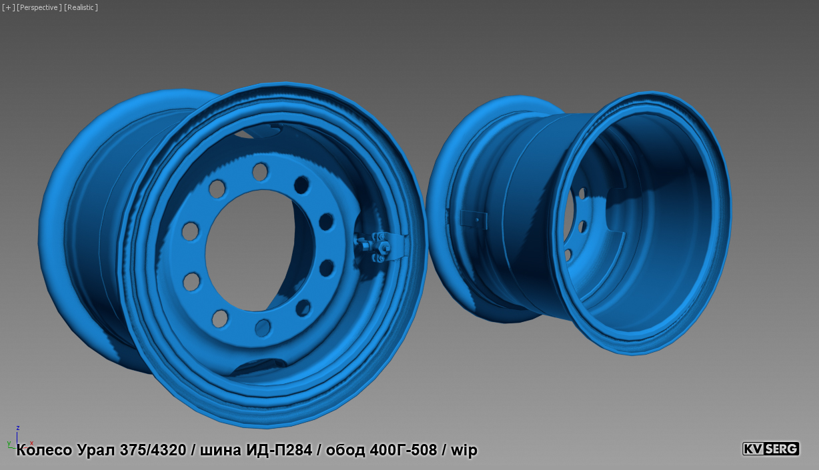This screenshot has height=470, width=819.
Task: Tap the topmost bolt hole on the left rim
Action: (x=259, y=172)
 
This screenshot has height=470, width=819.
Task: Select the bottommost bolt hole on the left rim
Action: (x=263, y=328)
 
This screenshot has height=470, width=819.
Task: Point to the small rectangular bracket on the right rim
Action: (x=474, y=217)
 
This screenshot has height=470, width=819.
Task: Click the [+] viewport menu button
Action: (x=7, y=7)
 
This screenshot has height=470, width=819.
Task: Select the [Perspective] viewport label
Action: (x=39, y=7)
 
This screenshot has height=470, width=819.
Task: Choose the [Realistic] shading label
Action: (x=81, y=7)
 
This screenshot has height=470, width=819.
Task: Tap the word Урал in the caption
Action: (x=96, y=450)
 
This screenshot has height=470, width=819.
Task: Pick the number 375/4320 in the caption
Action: (x=153, y=450)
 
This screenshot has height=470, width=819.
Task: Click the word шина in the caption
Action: (x=221, y=450)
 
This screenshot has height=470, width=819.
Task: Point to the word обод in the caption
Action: (x=344, y=450)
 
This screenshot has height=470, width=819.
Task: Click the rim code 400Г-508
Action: (x=403, y=450)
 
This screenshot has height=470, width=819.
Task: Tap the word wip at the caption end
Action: (x=464, y=450)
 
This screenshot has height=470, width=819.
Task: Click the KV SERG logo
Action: (x=770, y=449)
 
